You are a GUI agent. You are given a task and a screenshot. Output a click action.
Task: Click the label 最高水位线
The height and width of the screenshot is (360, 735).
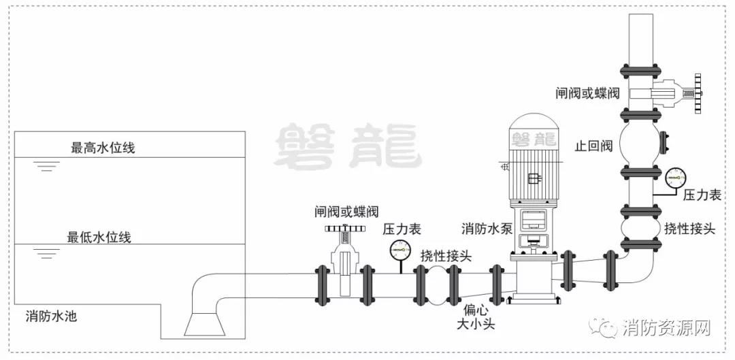point(103,148)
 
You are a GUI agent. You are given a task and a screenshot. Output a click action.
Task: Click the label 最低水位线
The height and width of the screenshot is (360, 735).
point(99,238)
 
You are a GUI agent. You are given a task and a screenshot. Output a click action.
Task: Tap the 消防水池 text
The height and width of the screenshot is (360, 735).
point(52,316)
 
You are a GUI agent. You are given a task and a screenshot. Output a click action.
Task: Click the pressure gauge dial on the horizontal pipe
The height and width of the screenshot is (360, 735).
point(399,250)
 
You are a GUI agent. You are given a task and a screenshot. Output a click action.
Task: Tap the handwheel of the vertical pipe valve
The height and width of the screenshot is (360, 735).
point(696,94)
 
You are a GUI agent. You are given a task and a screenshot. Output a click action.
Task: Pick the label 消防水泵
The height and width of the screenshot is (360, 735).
point(486,228)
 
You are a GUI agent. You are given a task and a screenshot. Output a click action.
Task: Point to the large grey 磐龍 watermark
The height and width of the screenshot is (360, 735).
point(346,146)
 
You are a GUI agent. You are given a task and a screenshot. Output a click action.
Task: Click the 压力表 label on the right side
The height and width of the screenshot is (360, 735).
point(702,195)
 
